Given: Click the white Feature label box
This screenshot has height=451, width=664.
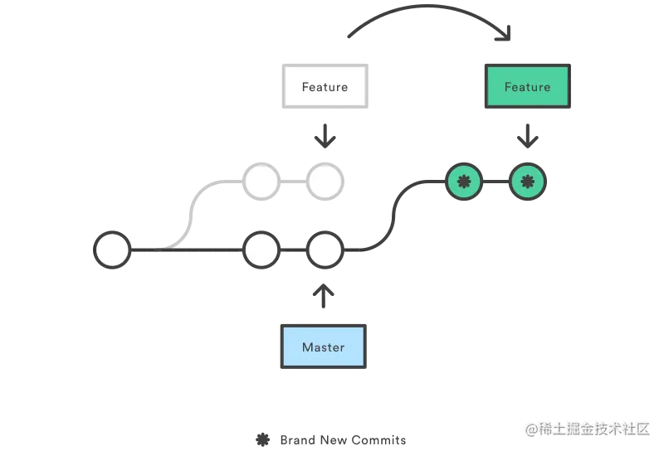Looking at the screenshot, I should pyautogui.click(x=325, y=87).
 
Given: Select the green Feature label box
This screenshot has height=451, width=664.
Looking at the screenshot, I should pyautogui.click(x=526, y=87).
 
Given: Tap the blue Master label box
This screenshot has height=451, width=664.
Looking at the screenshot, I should pyautogui.click(x=324, y=347).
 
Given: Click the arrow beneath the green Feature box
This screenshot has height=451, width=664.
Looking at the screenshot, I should pyautogui.click(x=527, y=136).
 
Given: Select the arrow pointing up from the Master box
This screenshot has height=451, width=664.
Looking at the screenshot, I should pyautogui.click(x=325, y=291).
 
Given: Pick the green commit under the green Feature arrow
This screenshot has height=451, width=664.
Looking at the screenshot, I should pyautogui.click(x=529, y=182).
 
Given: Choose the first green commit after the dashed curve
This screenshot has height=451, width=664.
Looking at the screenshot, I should pyautogui.click(x=464, y=182).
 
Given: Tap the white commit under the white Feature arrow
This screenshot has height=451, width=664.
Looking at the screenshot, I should pyautogui.click(x=325, y=182).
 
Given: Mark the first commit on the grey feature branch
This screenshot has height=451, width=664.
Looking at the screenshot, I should pyautogui.click(x=261, y=182).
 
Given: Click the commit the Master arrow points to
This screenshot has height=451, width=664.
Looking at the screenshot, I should pyautogui.click(x=325, y=250).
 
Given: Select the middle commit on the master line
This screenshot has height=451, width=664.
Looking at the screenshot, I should pyautogui.click(x=261, y=250).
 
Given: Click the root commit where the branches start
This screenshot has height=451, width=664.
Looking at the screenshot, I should pyautogui.click(x=113, y=250).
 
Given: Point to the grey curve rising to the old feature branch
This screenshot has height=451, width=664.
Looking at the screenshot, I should pyautogui.click(x=192, y=211).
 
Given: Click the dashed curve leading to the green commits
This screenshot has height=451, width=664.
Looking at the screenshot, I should pyautogui.click(x=394, y=216).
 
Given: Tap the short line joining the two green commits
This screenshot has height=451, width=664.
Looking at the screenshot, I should pyautogui.click(x=496, y=182).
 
